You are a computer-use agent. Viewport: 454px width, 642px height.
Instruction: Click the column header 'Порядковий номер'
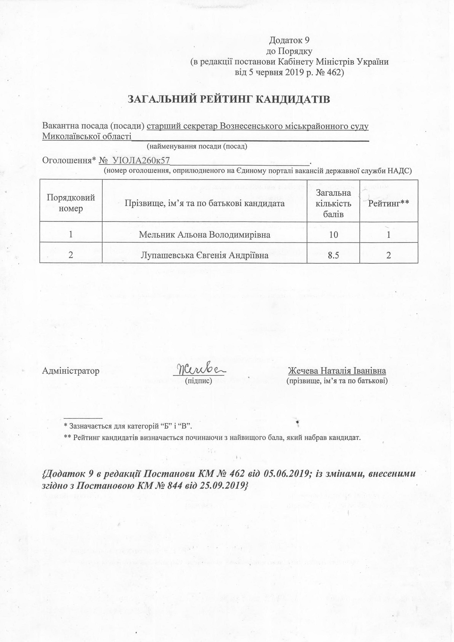[x=71, y=203]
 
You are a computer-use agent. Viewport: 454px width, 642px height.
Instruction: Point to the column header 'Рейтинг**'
[x=389, y=203]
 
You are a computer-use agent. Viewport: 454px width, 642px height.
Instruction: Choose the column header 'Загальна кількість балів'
[x=333, y=203]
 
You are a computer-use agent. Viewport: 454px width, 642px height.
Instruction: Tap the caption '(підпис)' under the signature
[x=199, y=381]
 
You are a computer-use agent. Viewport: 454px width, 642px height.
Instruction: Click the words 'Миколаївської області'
[x=87, y=137]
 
